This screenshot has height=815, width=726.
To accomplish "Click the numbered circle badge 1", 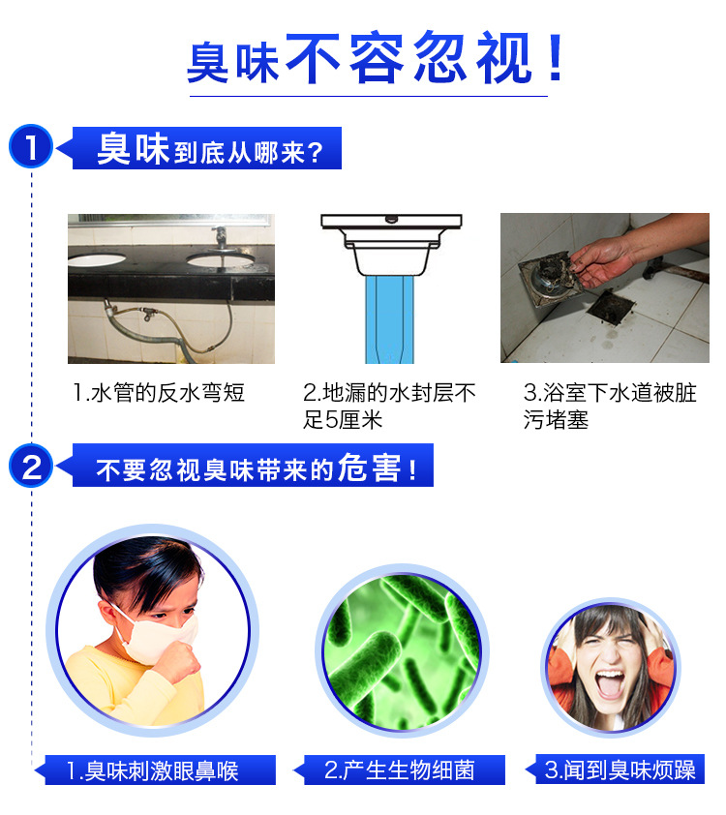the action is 31,146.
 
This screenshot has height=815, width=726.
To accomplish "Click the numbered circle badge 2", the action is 31,466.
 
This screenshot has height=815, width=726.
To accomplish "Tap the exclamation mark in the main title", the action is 556,57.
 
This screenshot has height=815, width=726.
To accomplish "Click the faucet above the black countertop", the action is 221,238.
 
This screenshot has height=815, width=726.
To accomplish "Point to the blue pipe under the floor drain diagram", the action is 390,319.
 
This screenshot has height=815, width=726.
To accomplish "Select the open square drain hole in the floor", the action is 611,308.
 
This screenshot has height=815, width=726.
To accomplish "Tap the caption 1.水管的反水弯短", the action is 159,392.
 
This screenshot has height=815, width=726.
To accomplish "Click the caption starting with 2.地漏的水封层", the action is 389,406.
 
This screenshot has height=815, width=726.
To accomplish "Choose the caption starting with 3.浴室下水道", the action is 610,406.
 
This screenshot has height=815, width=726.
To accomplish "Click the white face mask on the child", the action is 159,637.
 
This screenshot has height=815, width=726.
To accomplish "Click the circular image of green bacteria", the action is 402,650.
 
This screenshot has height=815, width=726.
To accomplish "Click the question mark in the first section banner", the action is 315,153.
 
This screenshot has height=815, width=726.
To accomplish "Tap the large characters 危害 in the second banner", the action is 370,468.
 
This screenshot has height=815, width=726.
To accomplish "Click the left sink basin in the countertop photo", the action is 97,258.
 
